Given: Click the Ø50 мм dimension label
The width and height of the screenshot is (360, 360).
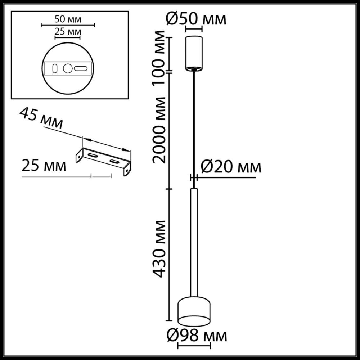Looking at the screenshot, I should (196, 18).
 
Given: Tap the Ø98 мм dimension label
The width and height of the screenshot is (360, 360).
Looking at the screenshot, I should (197, 336).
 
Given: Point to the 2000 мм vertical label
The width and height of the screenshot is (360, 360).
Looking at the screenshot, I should (159, 130).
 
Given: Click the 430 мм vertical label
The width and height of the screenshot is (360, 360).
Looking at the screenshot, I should (159, 248).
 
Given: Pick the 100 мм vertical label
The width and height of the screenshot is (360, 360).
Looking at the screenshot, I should (159, 54).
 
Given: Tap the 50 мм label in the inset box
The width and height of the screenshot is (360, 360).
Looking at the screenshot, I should (68, 18).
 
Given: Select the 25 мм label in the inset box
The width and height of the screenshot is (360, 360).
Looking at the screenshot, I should (68, 32).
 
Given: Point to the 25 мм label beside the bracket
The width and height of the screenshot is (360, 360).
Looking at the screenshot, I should (44, 166).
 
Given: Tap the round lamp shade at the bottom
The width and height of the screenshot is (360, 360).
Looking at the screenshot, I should (194, 310).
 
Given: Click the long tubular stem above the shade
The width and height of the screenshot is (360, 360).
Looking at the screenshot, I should (194, 241).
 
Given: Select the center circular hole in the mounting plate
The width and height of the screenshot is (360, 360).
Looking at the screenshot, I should (68, 68).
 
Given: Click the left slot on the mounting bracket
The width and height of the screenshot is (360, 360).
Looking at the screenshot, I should (93, 155).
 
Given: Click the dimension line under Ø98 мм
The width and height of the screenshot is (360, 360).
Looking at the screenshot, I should (194, 347).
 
